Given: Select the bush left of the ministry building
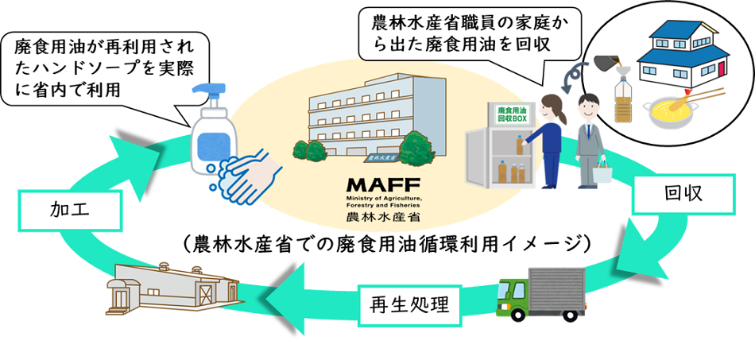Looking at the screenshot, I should [308, 149].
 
